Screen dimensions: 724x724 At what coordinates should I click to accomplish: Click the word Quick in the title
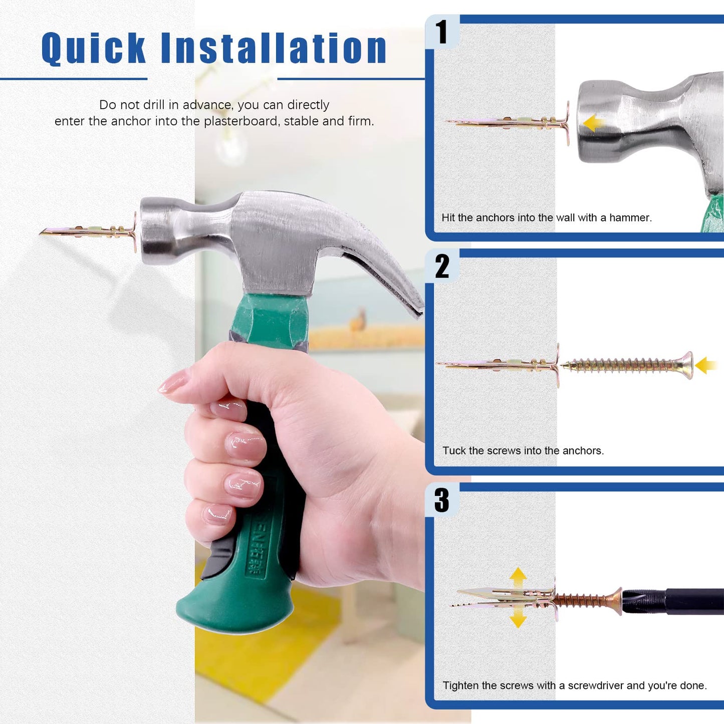click(x=94, y=49)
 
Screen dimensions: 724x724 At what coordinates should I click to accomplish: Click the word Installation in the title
click(x=274, y=49)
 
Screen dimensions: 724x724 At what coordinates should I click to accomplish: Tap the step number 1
click(x=441, y=33)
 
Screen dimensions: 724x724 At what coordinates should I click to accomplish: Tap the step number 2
click(x=442, y=267)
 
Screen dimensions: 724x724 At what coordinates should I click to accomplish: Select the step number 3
click(x=441, y=501)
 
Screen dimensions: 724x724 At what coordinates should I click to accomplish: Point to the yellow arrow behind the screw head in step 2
click(x=706, y=365)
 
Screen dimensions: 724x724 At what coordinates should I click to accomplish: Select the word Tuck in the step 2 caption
click(x=454, y=451)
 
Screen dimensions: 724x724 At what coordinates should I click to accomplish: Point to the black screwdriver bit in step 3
click(x=671, y=601)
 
